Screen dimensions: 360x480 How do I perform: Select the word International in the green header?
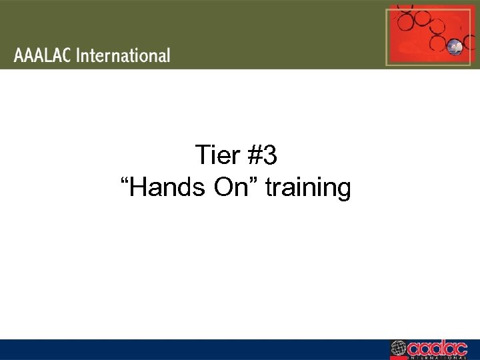[x=123, y=55]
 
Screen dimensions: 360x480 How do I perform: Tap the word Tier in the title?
[x=217, y=156]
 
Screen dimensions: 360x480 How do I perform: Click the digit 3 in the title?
[x=270, y=156]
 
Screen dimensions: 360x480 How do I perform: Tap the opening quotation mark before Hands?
[x=125, y=181]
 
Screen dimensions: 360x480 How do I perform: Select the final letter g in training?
[x=343, y=191]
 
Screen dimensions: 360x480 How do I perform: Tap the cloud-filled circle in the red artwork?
[x=456, y=46]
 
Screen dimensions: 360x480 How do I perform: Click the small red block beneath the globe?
[x=399, y=357]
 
